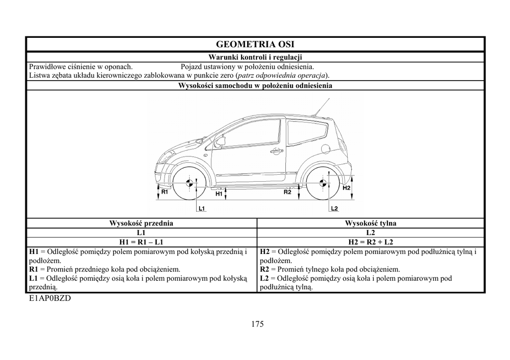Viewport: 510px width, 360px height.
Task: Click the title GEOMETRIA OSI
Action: [x=255, y=44]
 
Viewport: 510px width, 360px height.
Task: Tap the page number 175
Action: [x=257, y=324]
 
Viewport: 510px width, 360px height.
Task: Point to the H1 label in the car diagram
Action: [x=219, y=195]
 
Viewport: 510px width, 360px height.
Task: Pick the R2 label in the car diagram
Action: [x=287, y=192]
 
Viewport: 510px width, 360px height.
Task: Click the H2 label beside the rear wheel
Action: [x=347, y=188]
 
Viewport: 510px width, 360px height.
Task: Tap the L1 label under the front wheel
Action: [x=202, y=209]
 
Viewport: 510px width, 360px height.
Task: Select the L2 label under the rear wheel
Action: [x=334, y=208]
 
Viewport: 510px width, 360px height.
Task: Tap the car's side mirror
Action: [x=220, y=141]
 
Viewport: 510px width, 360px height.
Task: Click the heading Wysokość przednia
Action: [x=141, y=224]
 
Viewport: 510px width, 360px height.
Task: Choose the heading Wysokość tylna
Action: [x=371, y=224]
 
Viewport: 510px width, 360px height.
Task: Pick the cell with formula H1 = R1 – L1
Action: [x=141, y=242]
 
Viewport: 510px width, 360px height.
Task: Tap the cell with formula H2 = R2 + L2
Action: [x=371, y=242]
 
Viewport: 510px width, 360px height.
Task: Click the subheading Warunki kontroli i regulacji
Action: [x=255, y=57]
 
